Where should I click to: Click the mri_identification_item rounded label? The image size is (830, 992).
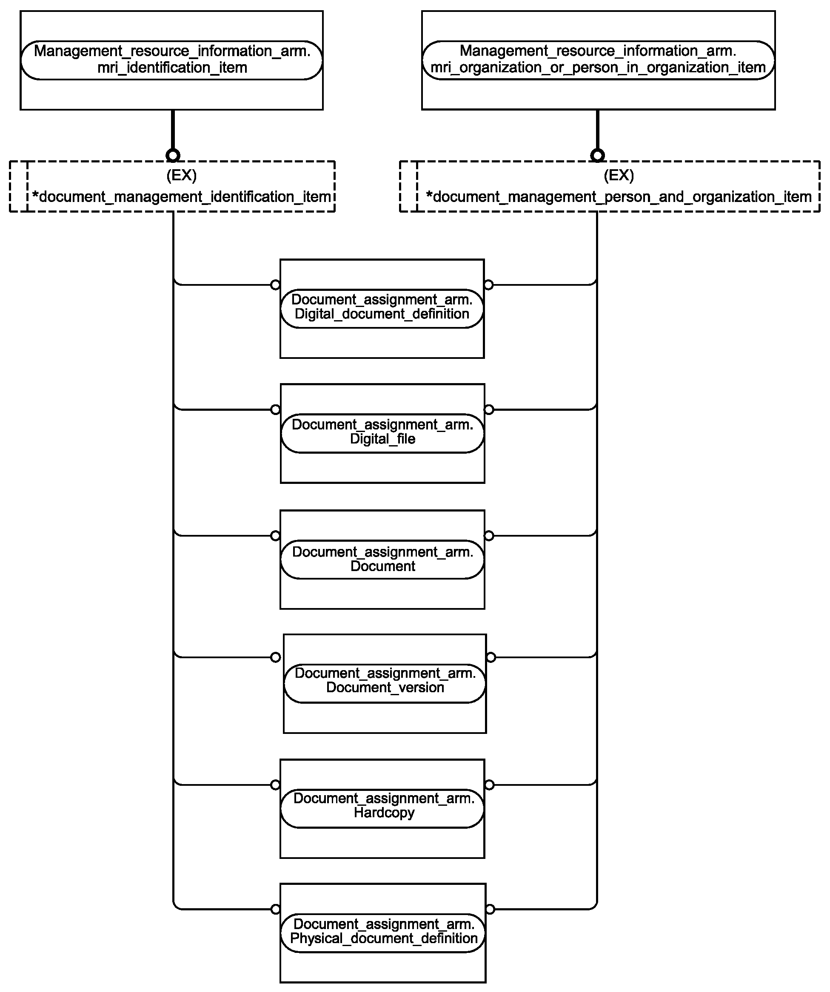pos(172,60)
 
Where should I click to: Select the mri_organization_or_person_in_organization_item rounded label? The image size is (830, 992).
pos(598,60)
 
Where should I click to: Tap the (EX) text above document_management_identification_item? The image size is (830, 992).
pos(182,176)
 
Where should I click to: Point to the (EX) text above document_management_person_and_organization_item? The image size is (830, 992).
pos(619,176)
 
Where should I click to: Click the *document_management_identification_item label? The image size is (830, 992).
pos(182,196)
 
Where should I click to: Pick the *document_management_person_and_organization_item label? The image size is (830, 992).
pos(619,196)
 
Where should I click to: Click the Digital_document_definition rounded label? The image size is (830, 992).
pos(382,308)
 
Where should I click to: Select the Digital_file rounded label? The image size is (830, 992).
pos(382,433)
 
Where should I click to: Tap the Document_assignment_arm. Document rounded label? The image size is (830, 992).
pos(382,559)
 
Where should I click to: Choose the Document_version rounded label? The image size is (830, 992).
pos(385,684)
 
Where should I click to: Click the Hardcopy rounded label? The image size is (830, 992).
pos(382,809)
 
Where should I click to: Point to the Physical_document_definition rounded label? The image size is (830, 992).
pos(383,933)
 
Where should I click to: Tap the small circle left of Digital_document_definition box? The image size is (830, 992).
pos(275,285)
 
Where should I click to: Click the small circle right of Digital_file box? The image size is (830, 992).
pos(489,409)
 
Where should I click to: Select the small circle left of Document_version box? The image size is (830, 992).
pos(276,657)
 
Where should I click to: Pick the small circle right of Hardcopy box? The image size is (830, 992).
pos(490,785)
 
